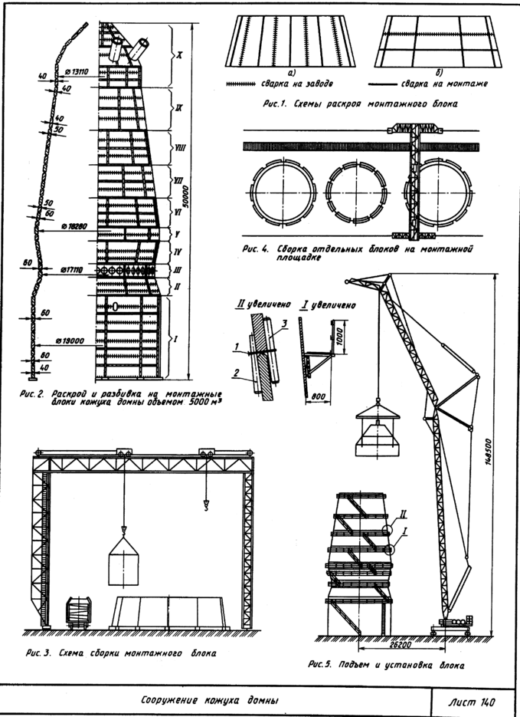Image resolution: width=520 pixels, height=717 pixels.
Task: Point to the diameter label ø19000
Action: point(69,340)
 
